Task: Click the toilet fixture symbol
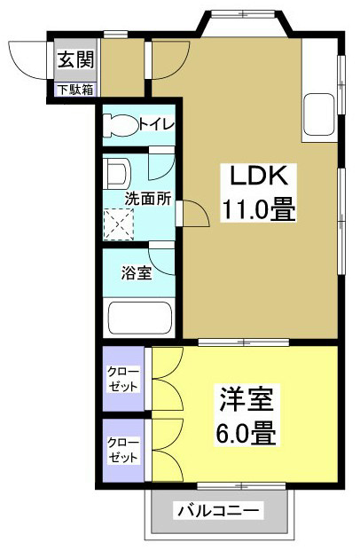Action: pos(120,125)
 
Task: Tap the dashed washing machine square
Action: pos(117,224)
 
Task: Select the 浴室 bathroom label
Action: pos(136,272)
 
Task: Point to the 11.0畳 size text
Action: pos(258,210)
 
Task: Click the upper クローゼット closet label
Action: pos(123,378)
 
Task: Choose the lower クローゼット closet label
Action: pos(123,450)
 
